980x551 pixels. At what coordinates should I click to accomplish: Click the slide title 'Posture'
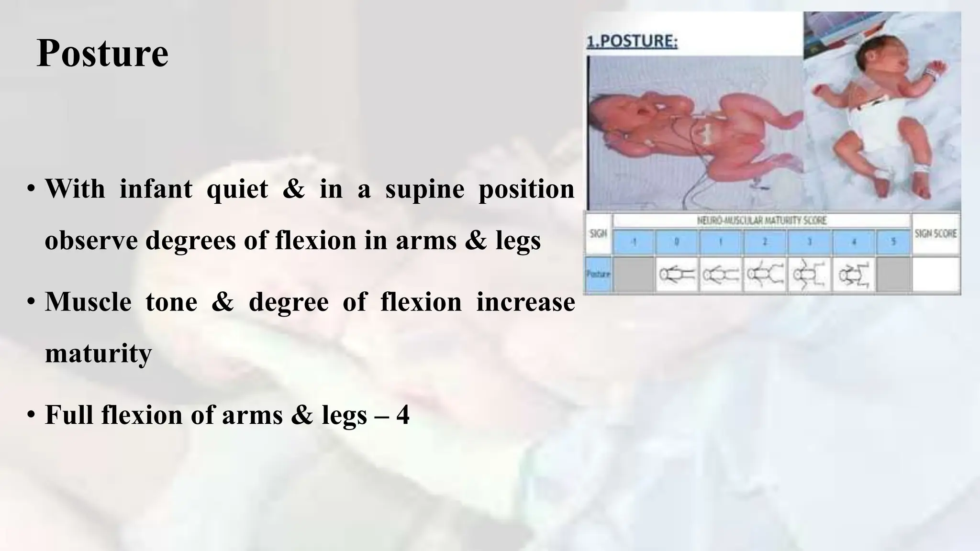tap(102, 53)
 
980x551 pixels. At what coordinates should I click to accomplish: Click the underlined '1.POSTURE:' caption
tap(632, 42)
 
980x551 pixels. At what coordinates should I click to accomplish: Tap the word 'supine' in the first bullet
tap(424, 189)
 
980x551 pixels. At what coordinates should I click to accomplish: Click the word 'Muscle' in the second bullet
tap(88, 302)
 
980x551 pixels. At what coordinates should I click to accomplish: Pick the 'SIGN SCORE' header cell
tap(935, 234)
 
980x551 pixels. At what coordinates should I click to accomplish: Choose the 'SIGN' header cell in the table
tap(598, 234)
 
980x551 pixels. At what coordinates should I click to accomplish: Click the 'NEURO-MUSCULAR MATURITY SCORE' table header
tap(761, 220)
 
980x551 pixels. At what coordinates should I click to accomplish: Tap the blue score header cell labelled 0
tap(677, 242)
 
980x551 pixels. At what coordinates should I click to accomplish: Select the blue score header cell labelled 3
tap(809, 242)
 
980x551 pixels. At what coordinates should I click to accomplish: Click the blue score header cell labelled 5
tap(893, 242)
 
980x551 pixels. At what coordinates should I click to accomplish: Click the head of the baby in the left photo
tap(605, 120)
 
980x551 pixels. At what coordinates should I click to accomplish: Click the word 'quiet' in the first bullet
tap(237, 189)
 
